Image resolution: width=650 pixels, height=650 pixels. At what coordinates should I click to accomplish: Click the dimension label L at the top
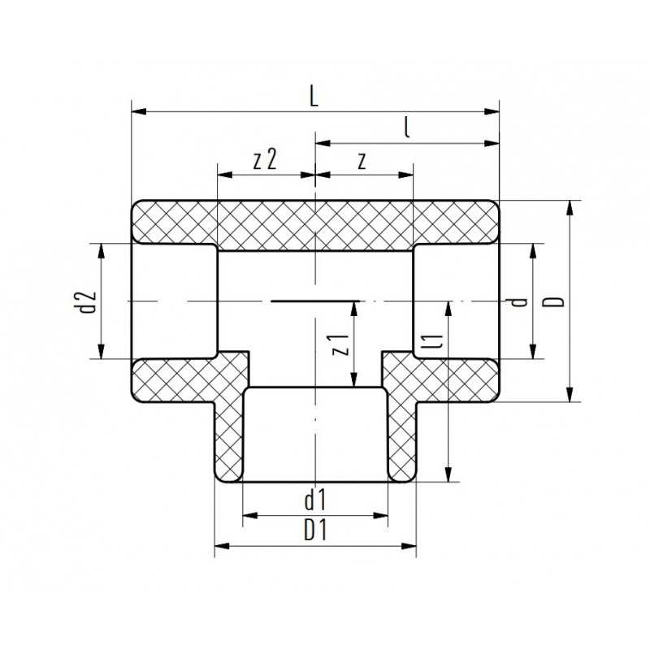314,96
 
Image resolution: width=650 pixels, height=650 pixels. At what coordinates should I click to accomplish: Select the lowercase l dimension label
405,128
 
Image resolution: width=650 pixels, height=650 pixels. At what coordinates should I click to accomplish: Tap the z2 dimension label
265,159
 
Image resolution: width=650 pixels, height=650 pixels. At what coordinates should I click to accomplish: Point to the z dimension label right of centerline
362,160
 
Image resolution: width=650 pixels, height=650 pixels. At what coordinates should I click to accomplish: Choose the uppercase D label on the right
555,301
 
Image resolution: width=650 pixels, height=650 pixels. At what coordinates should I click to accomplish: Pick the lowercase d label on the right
520,301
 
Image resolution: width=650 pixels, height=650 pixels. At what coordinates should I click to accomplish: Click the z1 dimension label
342,345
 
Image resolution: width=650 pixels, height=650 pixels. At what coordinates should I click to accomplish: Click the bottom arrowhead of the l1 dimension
448,475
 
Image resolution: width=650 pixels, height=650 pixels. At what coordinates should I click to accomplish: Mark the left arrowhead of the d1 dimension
249,515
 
